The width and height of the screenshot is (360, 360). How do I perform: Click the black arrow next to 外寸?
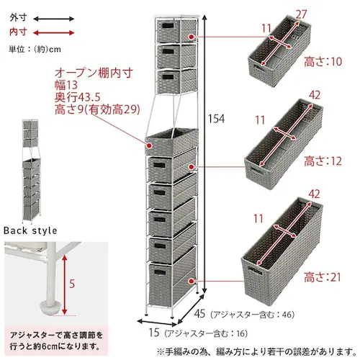[50, 17]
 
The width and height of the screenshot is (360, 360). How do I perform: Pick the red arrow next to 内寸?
[50, 32]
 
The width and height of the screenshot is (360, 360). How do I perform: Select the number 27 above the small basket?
[302, 14]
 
